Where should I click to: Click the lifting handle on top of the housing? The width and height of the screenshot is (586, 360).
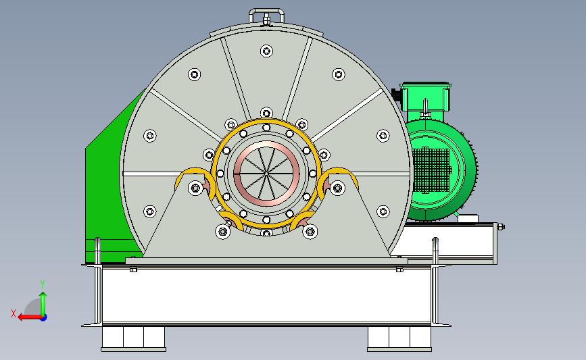coord(266,10)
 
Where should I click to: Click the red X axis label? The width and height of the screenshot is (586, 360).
coord(14,313)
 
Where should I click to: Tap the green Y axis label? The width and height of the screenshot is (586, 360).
coord(43,284)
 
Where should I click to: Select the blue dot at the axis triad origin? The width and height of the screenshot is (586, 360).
coord(44,318)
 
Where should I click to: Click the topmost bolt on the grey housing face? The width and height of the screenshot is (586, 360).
coord(266,51)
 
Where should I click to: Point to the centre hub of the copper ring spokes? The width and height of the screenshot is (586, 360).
coord(266,174)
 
